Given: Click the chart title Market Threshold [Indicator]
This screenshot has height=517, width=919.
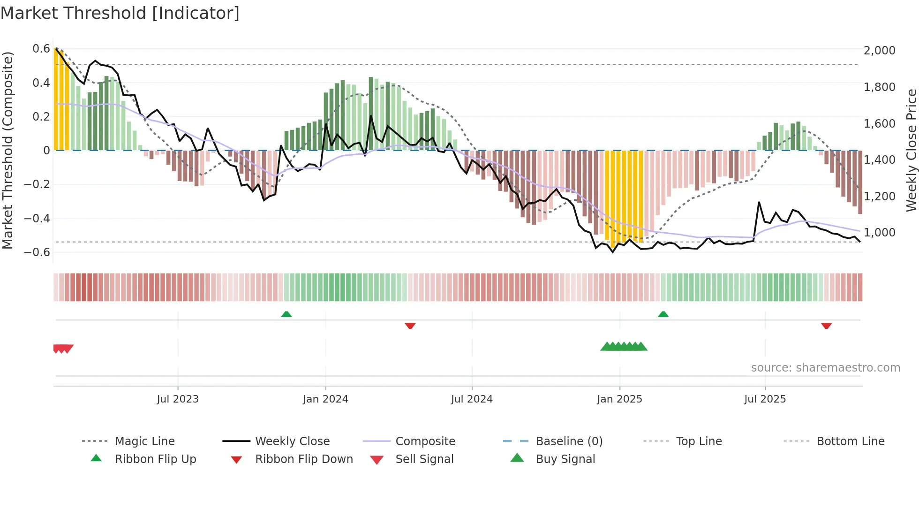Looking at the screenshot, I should point(120,13).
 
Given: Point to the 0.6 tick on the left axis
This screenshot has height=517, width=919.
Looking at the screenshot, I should point(41,49).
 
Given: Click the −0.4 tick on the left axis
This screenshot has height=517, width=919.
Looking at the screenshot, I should point(38,218).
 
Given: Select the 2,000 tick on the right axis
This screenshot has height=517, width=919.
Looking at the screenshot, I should point(879,51).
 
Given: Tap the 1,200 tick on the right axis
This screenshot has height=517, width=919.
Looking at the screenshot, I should point(879,196).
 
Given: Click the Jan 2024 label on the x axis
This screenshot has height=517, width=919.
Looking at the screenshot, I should point(325,399).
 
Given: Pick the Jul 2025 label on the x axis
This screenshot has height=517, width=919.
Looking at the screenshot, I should point(765,399).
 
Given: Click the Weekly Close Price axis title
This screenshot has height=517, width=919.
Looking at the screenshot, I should point(911,150).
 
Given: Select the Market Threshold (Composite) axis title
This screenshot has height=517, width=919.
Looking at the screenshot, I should point(8,150).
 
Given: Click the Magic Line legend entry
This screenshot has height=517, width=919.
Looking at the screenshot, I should point(144,441).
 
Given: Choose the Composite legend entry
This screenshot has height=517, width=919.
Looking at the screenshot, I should point(425,441).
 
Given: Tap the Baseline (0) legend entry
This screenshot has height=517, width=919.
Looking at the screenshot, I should point(569,441).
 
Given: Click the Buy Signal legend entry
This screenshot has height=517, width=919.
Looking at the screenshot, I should point(565,459).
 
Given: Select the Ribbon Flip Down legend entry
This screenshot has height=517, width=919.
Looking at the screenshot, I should point(304,459).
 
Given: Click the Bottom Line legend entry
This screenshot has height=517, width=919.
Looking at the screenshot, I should point(850,441).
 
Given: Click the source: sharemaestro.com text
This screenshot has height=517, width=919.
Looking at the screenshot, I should point(825,368).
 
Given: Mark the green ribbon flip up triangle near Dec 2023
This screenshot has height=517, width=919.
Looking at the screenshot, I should point(286,314).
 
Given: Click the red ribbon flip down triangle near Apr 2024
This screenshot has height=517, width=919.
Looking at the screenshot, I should point(410,326).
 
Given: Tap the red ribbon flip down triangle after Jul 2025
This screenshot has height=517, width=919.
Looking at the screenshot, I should point(826,326).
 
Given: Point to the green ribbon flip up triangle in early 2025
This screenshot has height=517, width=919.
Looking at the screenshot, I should point(663,314).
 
